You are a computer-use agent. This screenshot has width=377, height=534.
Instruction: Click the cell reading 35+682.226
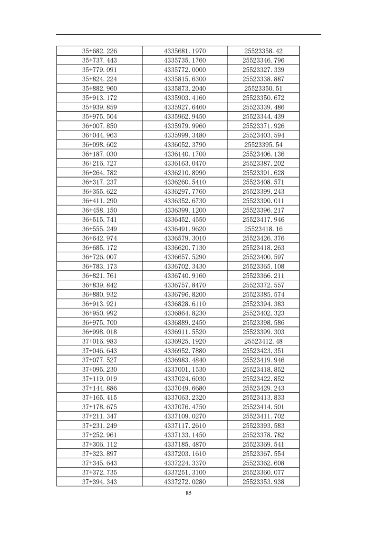(x=99, y=51)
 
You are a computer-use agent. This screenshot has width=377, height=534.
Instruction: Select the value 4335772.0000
(x=185, y=69)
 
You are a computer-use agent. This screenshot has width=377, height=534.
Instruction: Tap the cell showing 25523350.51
(x=263, y=89)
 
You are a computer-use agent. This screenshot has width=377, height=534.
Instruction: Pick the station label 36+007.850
(x=99, y=126)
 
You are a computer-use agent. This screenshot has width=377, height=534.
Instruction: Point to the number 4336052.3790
(x=185, y=145)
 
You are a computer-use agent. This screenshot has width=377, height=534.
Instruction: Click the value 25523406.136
(x=263, y=154)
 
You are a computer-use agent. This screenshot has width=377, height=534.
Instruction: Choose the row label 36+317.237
(x=99, y=182)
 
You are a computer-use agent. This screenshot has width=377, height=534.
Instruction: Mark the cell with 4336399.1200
(x=185, y=210)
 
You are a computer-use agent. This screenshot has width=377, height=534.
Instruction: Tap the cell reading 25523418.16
(x=263, y=229)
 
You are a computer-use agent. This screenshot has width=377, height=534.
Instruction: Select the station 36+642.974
(x=99, y=238)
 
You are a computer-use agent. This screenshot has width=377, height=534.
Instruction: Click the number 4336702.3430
(x=185, y=267)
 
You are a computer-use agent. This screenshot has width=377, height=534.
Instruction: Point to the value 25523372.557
(x=263, y=285)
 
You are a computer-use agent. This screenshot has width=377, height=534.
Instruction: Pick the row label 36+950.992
(x=99, y=313)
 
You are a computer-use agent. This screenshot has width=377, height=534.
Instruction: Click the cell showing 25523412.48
(x=263, y=341)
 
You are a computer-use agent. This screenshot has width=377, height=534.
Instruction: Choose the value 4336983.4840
(x=185, y=360)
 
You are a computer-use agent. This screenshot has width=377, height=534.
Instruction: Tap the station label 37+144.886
(x=99, y=388)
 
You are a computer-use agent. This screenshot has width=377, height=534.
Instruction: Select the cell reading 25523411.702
(x=263, y=416)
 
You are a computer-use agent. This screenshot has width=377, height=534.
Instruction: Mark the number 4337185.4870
(x=185, y=445)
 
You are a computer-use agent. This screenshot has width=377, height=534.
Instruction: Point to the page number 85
(x=189, y=493)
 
